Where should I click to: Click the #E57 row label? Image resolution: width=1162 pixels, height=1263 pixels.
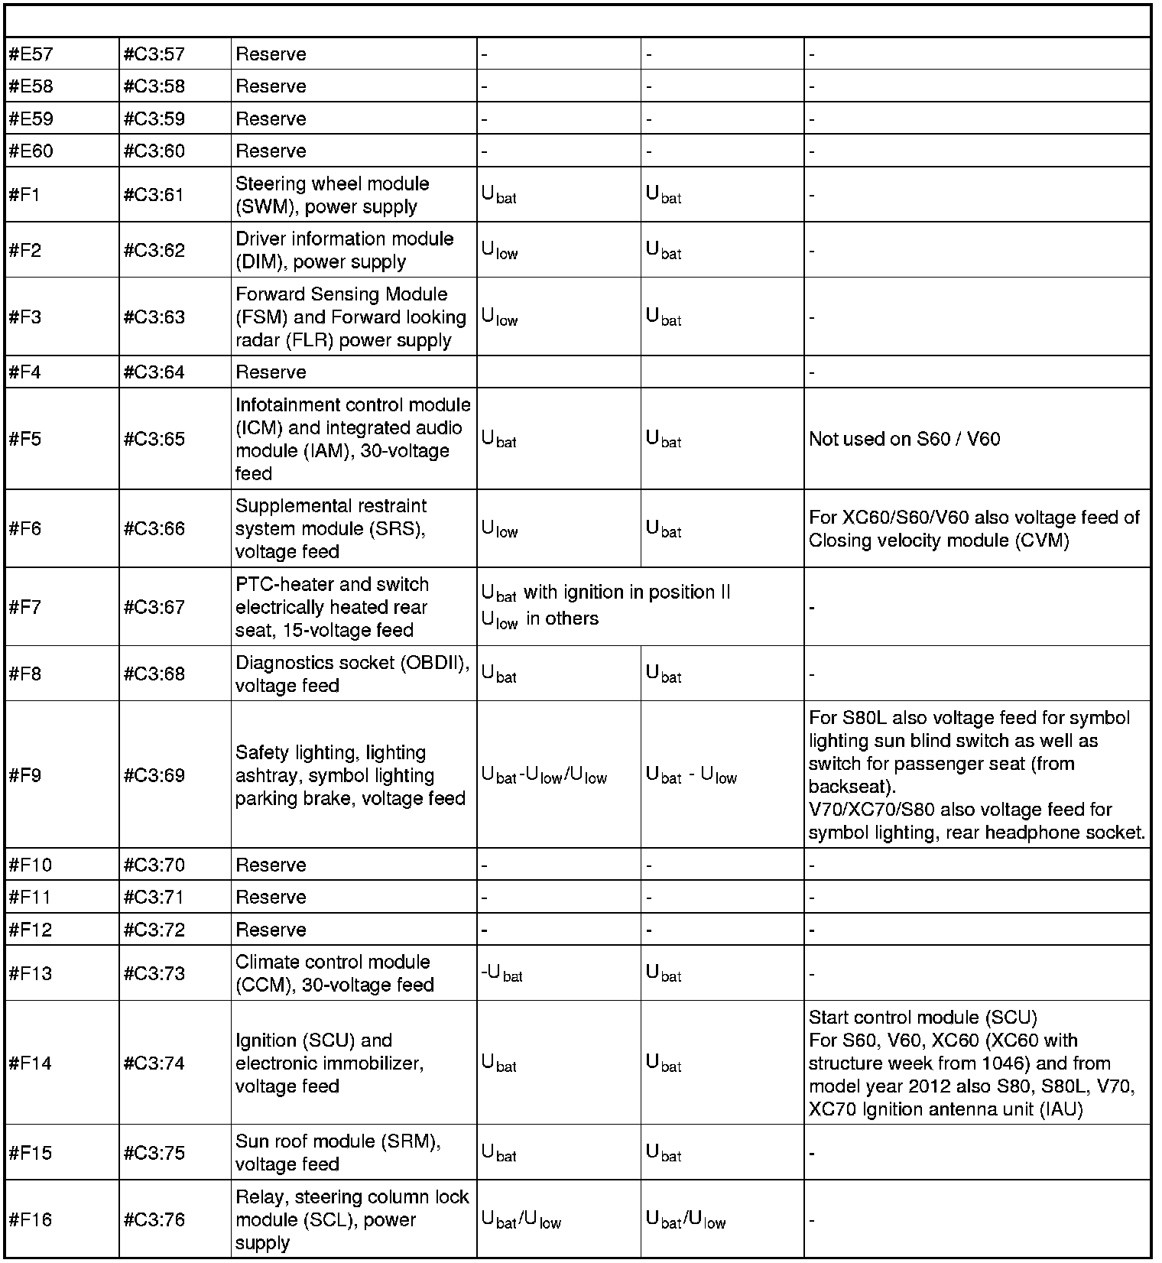(x=30, y=54)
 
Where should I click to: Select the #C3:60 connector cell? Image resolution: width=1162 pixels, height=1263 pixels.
(x=154, y=151)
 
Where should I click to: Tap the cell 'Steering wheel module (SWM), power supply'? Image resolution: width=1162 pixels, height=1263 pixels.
(x=332, y=195)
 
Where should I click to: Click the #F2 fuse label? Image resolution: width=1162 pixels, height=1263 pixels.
(x=25, y=250)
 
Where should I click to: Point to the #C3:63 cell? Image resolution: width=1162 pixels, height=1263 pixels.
(x=154, y=317)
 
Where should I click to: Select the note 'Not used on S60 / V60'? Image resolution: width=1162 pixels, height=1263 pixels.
(x=904, y=439)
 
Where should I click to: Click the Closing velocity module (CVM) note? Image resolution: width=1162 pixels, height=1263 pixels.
(x=939, y=541)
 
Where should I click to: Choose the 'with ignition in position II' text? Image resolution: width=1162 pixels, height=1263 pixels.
(x=627, y=593)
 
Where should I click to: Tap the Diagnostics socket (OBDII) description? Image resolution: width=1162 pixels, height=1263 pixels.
(x=352, y=674)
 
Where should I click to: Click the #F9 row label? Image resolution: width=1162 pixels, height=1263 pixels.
(x=25, y=775)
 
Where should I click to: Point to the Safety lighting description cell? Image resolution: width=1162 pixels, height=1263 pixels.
(x=350, y=775)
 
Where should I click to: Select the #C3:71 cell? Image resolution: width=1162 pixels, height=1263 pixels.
(x=154, y=897)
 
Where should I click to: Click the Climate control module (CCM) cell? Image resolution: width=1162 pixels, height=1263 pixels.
(x=334, y=973)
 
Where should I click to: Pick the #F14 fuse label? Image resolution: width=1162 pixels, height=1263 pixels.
(x=30, y=1063)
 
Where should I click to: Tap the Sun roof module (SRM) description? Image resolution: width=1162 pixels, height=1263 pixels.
(x=338, y=1152)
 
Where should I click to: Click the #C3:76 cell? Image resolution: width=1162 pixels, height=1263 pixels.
(x=154, y=1219)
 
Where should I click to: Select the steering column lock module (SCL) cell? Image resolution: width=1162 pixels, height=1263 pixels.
(x=352, y=1219)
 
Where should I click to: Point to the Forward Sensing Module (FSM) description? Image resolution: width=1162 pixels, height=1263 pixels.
(x=350, y=317)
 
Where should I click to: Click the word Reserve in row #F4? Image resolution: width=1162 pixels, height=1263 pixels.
(x=271, y=372)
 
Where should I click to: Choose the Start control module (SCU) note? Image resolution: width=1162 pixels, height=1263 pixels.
(x=923, y=1018)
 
